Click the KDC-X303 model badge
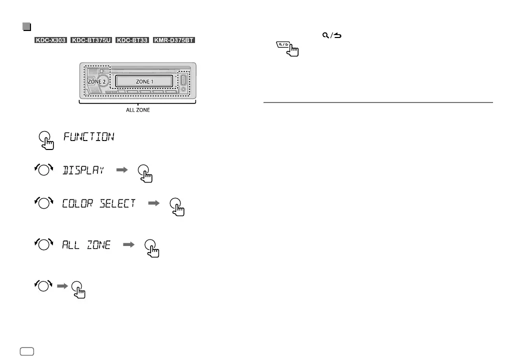[50, 39]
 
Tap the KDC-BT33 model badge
[132, 39]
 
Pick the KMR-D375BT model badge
[174, 39]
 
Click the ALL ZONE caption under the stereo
[137, 111]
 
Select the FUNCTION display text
[89, 137]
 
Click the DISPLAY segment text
[83, 170]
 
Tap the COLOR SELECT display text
[99, 203]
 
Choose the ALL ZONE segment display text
[86, 245]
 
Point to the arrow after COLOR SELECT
[154, 203]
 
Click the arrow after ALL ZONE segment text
[129, 245]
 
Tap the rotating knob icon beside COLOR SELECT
[43, 203]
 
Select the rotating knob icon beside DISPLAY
[43, 170]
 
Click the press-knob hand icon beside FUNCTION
[46, 140]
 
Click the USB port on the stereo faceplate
[183, 80]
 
